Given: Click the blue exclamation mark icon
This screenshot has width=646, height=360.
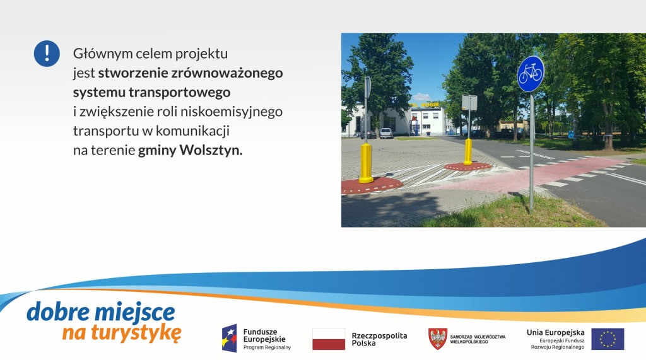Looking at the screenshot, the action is [x=47, y=54].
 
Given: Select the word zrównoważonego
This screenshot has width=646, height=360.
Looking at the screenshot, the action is [x=226, y=73].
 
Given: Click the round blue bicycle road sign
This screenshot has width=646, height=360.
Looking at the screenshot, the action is [x=531, y=74].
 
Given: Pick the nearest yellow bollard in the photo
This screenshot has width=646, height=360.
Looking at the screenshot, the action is [x=365, y=163].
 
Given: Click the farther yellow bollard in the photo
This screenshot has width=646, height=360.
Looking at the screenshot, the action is [x=468, y=151].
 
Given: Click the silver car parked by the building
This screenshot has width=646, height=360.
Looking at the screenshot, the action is [x=386, y=133].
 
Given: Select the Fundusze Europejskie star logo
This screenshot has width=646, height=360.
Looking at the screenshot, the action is [x=230, y=338].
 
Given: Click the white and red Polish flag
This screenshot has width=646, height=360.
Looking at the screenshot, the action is [x=329, y=339].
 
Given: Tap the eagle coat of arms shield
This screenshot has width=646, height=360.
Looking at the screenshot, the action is [x=438, y=339].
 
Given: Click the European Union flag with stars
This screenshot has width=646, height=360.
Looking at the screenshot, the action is [x=608, y=339].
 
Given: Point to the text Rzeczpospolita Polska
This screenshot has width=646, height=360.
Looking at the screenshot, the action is [x=379, y=339].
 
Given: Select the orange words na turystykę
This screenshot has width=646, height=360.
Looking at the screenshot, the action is [x=122, y=333].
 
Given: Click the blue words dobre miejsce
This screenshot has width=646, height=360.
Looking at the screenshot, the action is [x=101, y=312].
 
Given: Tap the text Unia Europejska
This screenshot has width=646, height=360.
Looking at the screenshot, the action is [x=555, y=332].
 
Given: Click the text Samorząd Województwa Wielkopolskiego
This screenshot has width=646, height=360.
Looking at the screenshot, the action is [x=478, y=339].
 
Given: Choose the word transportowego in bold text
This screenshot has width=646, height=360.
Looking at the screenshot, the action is [x=180, y=93].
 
